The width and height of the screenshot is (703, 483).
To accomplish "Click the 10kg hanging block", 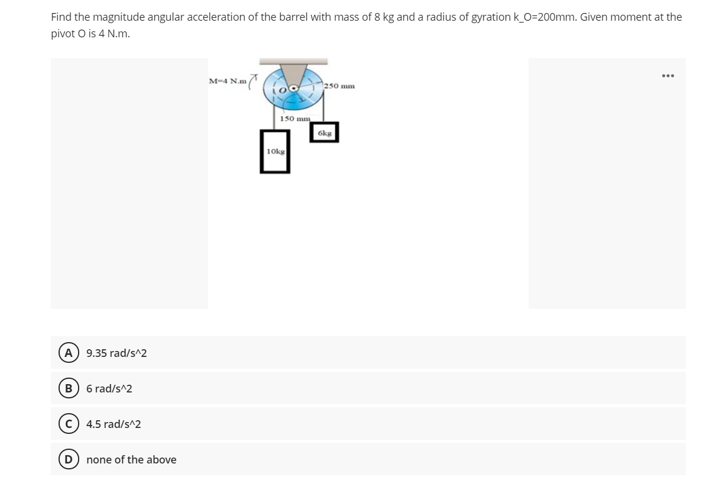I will click(275, 152).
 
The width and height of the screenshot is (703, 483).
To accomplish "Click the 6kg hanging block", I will click(324, 133).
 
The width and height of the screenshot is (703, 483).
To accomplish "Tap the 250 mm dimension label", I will click(339, 86).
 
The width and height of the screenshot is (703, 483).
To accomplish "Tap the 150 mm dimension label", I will click(294, 118).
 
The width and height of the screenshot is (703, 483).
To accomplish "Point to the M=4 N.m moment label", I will click(228, 81).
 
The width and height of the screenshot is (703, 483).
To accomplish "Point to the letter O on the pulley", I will click(283, 89).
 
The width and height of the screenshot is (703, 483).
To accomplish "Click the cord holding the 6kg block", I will click(323, 110).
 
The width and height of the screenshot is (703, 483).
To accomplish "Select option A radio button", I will click(69, 353).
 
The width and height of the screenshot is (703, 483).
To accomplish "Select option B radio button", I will click(69, 388).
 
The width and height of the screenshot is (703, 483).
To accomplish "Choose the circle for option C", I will click(69, 424).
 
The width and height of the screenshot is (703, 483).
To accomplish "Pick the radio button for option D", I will click(69, 459).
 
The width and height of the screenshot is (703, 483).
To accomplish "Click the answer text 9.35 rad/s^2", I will click(116, 353).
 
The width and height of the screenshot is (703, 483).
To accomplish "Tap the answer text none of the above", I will click(131, 460).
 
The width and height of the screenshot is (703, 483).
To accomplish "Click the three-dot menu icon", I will click(668, 76).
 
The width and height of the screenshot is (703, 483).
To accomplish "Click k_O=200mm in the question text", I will click(542, 17).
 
